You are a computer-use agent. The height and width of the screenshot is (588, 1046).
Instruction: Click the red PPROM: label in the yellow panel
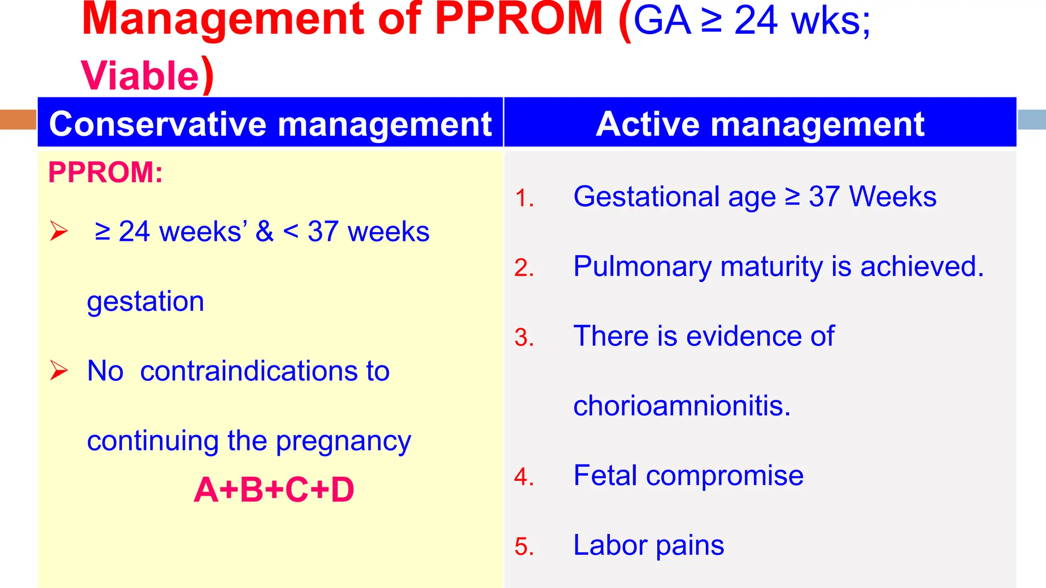(105, 173)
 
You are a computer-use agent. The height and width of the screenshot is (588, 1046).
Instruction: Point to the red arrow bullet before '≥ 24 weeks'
(59, 231)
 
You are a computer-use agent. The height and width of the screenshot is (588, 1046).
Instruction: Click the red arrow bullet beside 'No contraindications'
(59, 371)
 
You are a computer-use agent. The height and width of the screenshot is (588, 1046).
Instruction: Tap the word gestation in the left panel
(146, 301)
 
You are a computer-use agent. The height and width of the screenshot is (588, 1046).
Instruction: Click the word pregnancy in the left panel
(343, 441)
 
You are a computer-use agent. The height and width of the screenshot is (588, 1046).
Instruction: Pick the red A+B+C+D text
(274, 490)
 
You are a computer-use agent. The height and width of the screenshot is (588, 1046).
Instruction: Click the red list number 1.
(524, 199)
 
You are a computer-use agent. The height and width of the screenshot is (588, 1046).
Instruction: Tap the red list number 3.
(524, 338)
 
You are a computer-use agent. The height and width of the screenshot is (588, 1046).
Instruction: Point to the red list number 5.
(524, 547)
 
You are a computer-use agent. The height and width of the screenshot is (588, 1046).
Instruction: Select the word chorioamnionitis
(682, 406)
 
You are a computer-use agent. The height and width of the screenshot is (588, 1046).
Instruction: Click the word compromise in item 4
(724, 476)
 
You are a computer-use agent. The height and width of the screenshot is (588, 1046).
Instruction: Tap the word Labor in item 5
(610, 545)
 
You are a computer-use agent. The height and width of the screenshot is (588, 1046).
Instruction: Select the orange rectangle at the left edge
(18, 119)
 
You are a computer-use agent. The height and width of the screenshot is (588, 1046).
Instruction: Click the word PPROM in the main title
(519, 19)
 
